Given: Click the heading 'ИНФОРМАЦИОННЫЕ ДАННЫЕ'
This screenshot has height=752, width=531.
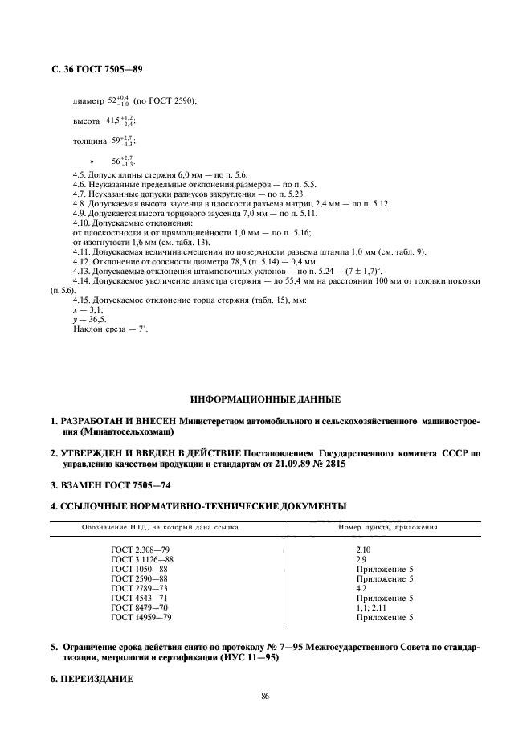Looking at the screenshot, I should pyautogui.click(x=265, y=399).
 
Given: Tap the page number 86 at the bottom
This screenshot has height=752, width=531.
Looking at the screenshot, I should pyautogui.click(x=265, y=697).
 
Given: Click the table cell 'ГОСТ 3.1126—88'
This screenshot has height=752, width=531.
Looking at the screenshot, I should pyautogui.click(x=142, y=558).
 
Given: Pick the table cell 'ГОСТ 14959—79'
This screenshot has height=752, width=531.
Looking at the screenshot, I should pyautogui.click(x=141, y=617).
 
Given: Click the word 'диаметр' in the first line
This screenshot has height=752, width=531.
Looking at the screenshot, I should pyautogui.click(x=88, y=101).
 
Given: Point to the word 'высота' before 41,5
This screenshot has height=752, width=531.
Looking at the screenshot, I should pyautogui.click(x=86, y=121).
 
